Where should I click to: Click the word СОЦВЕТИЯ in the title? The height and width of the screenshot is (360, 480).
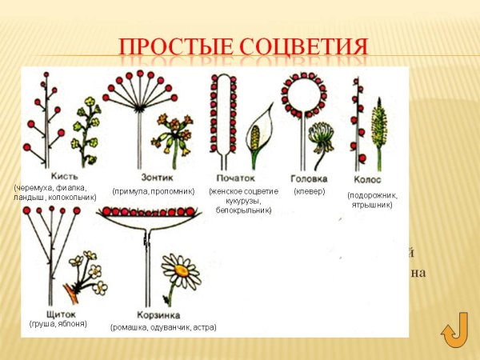[x=305, y=45]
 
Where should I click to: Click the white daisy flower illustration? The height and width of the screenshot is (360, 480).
[x=182, y=273]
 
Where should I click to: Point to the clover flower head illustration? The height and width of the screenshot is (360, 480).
[x=322, y=136]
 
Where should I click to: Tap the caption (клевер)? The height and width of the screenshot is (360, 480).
[x=310, y=191]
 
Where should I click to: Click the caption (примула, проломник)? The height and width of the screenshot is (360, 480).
[x=153, y=191]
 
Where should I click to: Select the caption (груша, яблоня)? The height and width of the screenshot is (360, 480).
[x=58, y=323]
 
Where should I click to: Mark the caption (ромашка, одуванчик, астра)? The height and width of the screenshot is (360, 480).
[x=163, y=326]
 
